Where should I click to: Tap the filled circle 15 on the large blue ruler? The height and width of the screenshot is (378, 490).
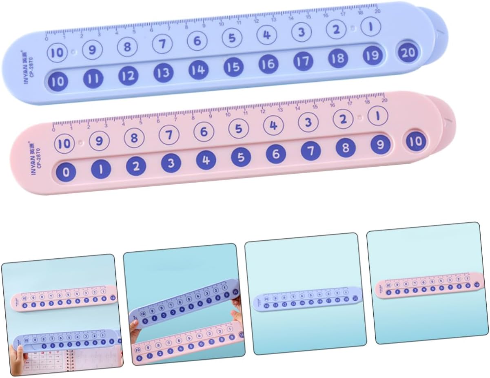pyautogui.click(x=233, y=67)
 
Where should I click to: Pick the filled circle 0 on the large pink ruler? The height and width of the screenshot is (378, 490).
pyautogui.click(x=67, y=172)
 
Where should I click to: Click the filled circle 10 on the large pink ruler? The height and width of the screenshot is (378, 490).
pyautogui.click(x=415, y=141)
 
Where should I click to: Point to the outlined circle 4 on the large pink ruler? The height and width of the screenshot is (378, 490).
pyautogui.click(x=273, y=125)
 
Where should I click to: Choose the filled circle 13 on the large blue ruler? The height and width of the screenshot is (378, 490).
pyautogui.click(x=164, y=74)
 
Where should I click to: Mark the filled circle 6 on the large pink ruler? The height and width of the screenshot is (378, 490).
pyautogui.click(x=276, y=154)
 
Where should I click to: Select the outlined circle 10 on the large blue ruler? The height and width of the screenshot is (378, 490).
pyautogui.click(x=57, y=52)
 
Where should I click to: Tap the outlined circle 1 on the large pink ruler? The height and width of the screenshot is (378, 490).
pyautogui.click(x=377, y=116)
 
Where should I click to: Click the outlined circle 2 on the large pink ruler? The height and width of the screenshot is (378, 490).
pyautogui.click(x=343, y=119)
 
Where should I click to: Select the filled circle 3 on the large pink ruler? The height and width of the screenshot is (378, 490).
pyautogui.click(x=171, y=163)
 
